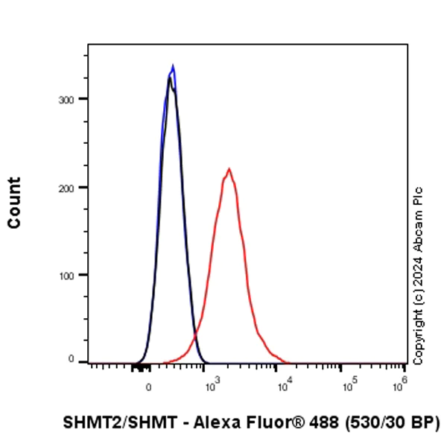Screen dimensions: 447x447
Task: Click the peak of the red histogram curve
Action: (229, 169)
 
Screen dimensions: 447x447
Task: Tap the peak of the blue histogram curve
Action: (173, 66)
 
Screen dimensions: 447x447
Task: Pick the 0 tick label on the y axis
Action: (73, 360)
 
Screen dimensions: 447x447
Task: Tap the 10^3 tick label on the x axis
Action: (212, 385)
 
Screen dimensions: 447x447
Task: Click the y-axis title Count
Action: (14, 203)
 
